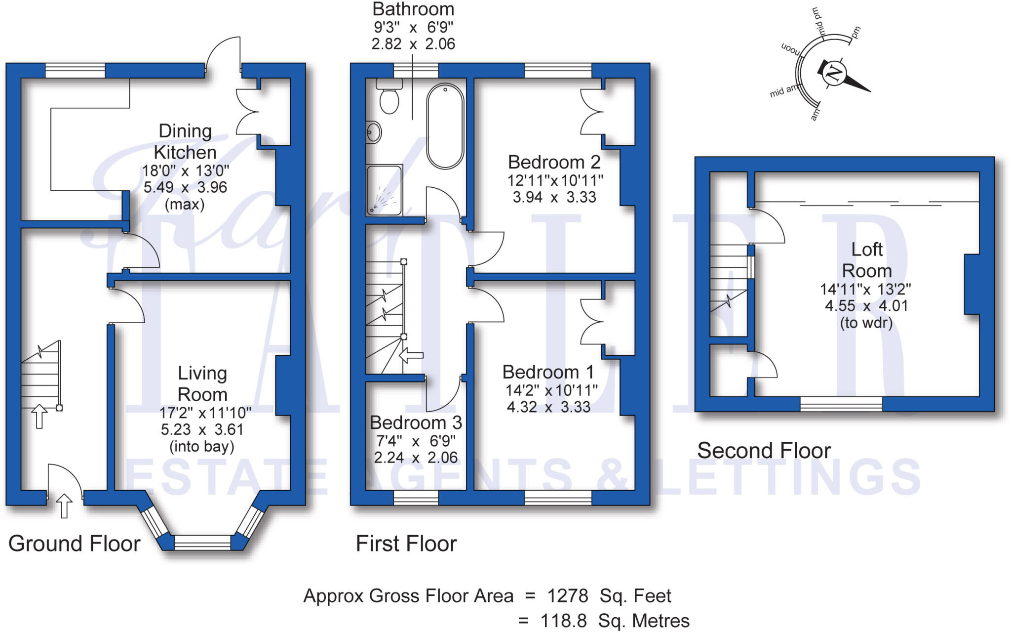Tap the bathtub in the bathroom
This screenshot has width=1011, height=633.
point(445,127)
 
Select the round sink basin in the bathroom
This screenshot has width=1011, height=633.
point(374,132)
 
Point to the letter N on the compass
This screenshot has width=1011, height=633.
point(834,74)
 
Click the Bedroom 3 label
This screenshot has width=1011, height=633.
point(416,423)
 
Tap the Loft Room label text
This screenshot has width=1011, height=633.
point(867,260)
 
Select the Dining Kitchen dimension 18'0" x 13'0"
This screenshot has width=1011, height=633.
point(186,171)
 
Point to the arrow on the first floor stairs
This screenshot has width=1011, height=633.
point(411,355)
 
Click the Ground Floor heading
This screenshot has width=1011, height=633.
point(75,544)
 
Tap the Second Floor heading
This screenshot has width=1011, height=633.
point(764,451)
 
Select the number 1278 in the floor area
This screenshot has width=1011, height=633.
point(567,596)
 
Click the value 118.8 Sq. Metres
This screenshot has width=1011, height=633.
point(615,621)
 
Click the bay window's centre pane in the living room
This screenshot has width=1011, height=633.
point(202,543)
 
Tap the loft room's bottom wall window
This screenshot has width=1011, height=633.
point(841,404)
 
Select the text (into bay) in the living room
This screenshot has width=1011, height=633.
point(202,447)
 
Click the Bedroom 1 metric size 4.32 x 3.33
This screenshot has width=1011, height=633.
point(548,407)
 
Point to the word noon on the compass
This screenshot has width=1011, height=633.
point(790,49)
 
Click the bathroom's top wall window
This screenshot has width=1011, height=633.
point(416,70)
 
